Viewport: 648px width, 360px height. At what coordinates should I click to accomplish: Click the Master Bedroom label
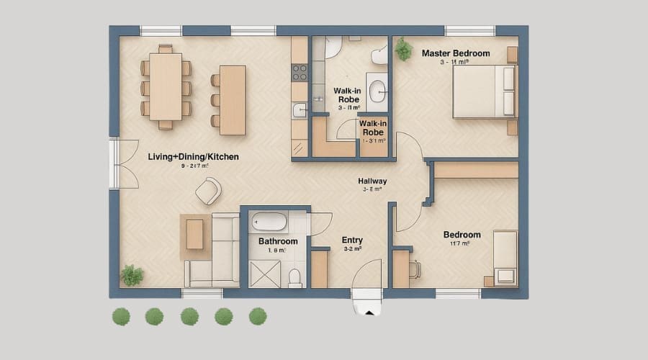click(x=455, y=53)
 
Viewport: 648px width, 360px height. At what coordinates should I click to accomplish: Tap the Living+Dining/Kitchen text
click(x=193, y=156)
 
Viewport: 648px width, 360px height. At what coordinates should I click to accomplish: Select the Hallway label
click(x=372, y=181)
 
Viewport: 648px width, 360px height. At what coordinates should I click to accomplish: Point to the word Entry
click(x=352, y=240)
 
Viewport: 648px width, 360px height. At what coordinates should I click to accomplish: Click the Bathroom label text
click(x=278, y=241)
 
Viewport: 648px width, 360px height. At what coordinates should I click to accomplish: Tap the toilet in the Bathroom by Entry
click(x=294, y=276)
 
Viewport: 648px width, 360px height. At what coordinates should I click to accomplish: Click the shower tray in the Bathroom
click(x=264, y=274)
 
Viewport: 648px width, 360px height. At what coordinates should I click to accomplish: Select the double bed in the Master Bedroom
click(x=484, y=91)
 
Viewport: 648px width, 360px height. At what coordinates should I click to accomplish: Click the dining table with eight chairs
click(x=165, y=86)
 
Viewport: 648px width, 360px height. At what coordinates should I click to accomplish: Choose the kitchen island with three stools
click(x=233, y=100)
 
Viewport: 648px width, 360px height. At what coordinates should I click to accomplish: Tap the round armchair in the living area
click(x=208, y=191)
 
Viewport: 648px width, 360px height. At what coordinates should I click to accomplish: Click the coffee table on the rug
click(x=195, y=234)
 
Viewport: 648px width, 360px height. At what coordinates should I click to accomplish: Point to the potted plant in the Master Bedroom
click(x=403, y=49)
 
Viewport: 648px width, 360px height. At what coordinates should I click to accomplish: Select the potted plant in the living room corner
click(x=132, y=274)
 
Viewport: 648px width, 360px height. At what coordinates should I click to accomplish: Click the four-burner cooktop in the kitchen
click(x=299, y=72)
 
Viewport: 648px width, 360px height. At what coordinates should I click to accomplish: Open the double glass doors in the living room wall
click(x=122, y=163)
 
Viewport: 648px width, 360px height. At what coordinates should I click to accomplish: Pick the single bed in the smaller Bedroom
click(x=505, y=257)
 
